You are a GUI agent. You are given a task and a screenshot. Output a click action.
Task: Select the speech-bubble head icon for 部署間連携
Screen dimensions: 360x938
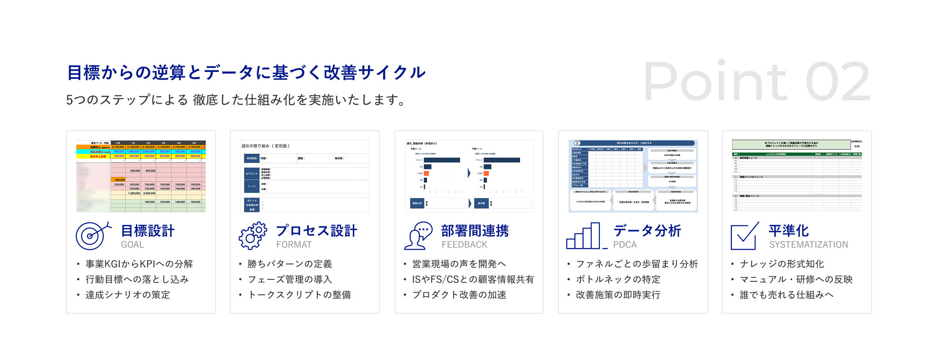coord(418,235)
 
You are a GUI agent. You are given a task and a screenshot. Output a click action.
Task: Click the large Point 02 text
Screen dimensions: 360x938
coord(757,81)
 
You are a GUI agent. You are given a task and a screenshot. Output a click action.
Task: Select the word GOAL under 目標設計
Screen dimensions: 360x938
coord(132,245)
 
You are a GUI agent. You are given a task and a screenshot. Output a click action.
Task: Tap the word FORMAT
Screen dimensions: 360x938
coord(294,245)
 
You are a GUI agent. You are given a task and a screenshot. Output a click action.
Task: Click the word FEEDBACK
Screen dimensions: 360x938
coord(464,245)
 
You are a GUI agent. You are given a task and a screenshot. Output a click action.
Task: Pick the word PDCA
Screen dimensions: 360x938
coord(625,245)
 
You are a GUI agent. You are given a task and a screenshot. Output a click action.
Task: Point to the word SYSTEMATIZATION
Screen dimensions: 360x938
coord(809,245)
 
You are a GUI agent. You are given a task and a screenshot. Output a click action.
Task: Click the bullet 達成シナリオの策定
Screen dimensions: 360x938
coord(128,295)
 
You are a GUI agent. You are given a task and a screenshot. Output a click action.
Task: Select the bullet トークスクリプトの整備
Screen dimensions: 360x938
coord(300,295)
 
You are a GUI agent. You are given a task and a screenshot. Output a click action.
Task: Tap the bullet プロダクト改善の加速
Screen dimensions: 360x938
coord(459,295)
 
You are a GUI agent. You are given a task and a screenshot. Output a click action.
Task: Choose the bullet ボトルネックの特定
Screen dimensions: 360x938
coord(618,279)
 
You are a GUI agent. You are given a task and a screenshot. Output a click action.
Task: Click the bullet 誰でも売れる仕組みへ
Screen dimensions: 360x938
coord(787,295)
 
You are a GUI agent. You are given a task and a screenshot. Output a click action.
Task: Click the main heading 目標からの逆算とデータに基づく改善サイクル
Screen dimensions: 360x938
coord(247,72)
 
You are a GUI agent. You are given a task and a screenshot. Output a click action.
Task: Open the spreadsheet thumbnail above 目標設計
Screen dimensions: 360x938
coord(141,176)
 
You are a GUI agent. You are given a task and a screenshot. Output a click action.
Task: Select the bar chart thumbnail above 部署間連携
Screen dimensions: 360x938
coord(469,176)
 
